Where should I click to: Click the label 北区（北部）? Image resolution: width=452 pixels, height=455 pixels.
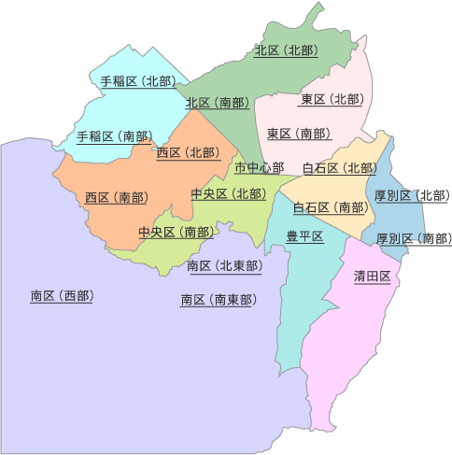pos(287,50)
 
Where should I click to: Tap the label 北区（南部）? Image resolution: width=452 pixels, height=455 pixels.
pos(217,103)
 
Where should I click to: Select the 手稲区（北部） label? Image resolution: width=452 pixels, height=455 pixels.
pos(137,81)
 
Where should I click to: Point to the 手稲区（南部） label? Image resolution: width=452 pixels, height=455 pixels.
pos(115,136)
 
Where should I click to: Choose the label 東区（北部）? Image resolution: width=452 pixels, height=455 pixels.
pos(332,99)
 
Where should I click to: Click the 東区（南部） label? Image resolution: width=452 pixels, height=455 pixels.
pos(298,134)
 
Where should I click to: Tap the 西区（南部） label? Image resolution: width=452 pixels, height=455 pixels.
pos(116,197)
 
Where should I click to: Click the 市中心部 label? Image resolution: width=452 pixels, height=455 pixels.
pos(259,168)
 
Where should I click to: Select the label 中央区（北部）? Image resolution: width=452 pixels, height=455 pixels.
pos(228,193)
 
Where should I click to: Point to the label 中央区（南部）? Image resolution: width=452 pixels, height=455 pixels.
pos(175,232)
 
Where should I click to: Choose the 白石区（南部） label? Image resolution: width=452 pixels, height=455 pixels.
pos(330,207)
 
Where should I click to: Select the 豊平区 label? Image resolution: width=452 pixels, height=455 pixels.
pos(304,236)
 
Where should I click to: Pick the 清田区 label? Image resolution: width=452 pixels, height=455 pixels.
pos(372,276)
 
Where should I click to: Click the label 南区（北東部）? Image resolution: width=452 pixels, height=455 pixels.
pos(224,266)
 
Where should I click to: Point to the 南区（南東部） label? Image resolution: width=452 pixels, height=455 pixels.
pos(218,300)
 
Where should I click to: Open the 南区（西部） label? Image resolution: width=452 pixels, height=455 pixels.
pos(62,296)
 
